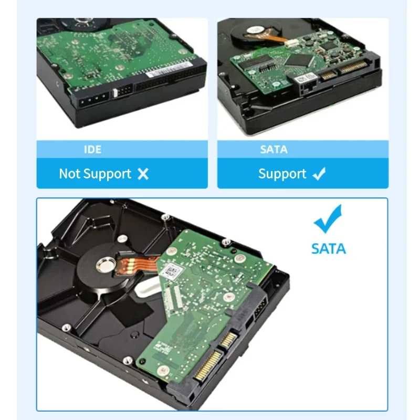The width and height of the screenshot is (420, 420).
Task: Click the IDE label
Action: click(92, 150)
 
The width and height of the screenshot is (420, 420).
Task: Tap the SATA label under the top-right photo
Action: click(274, 150)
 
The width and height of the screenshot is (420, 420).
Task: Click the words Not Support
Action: click(95, 174)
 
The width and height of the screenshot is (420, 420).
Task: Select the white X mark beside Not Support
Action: click(143, 174)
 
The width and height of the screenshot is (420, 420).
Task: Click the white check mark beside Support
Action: click(319, 174)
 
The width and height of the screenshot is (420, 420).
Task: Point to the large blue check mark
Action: click(328, 219)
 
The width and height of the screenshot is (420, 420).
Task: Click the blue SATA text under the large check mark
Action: click(329, 248)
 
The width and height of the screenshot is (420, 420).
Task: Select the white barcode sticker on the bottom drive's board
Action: click(173, 270)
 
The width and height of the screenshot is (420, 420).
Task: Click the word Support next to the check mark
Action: click(282, 174)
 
